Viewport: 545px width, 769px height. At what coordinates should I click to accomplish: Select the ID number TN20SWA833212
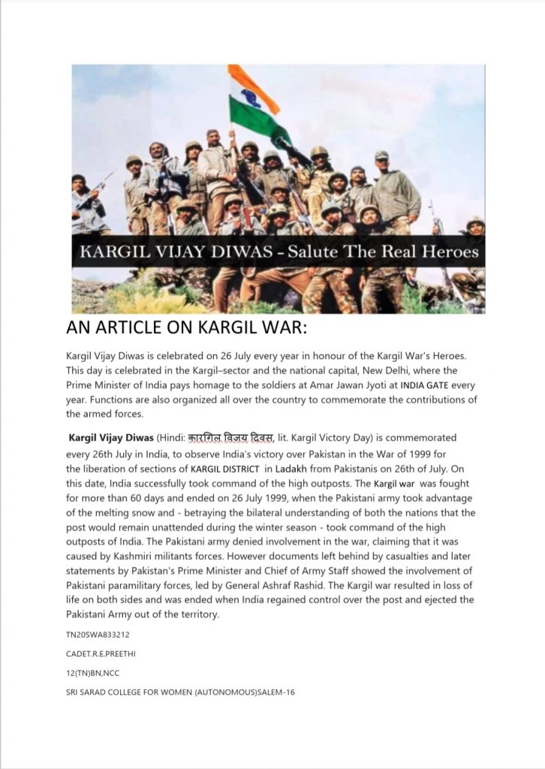[98, 635]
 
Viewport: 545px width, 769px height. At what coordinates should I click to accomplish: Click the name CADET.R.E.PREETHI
[101, 653]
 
